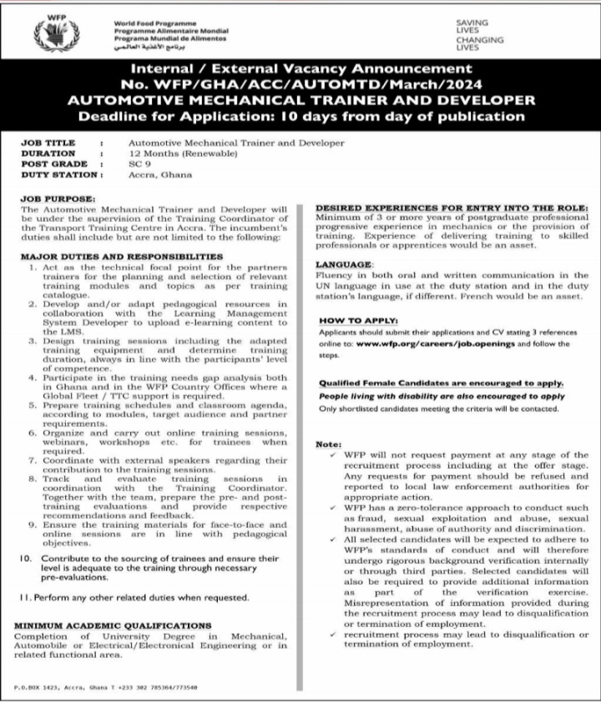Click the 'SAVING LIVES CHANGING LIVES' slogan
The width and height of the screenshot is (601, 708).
coord(479,36)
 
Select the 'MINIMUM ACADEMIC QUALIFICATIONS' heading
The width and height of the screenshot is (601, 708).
coord(113,625)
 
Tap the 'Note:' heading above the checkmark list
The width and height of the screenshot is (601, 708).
coord(328,444)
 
